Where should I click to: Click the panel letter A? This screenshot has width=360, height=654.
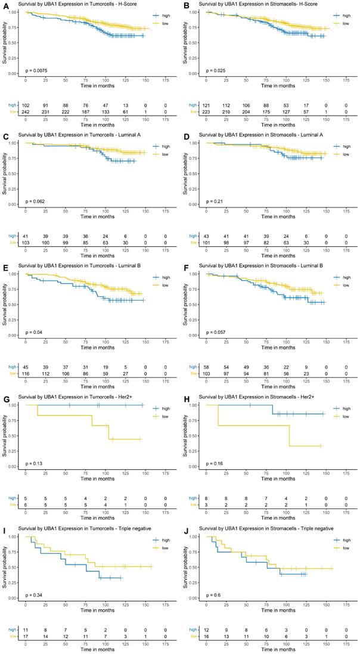4,5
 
